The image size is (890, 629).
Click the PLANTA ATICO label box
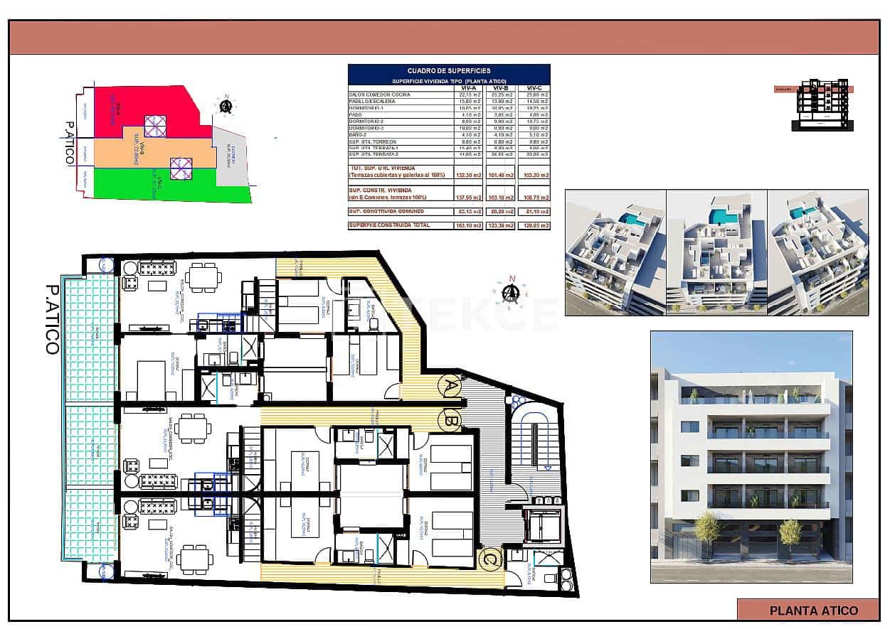click(x=813, y=610)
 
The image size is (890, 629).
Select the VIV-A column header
click(x=469, y=89)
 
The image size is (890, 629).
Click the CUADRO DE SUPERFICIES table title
click(x=448, y=71)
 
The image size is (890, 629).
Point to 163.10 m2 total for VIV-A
click(x=469, y=225)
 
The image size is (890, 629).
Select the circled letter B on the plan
click(x=450, y=419)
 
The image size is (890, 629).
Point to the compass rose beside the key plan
click(x=226, y=106)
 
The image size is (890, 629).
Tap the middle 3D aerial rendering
click(x=716, y=252)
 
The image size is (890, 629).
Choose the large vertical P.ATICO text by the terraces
click(x=51, y=320)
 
